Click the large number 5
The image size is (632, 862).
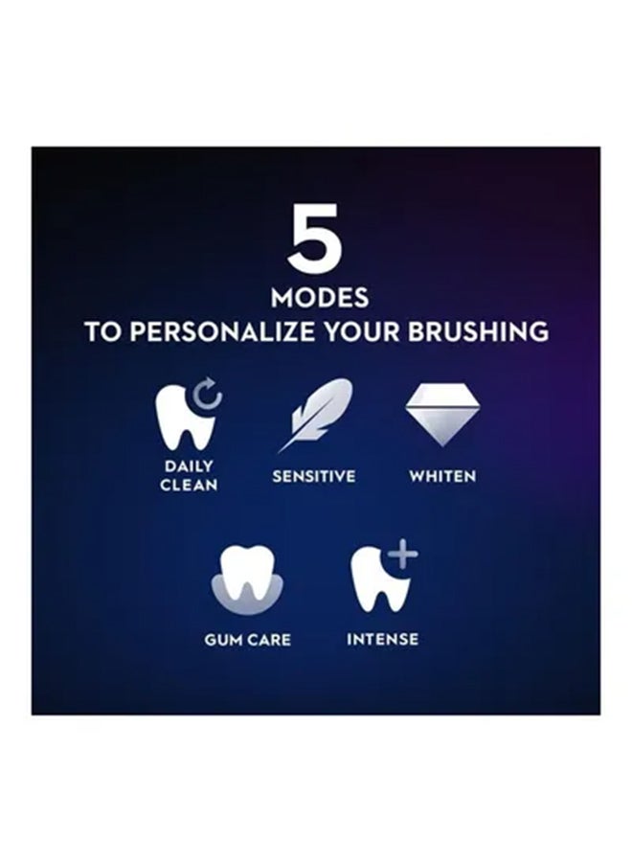pyautogui.click(x=315, y=238)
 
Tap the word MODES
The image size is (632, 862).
pyautogui.click(x=320, y=298)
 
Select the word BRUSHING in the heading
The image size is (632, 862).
pyautogui.click(x=478, y=331)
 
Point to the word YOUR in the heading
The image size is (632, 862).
pyautogui.click(x=362, y=331)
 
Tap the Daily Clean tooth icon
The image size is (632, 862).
pyautogui.click(x=186, y=417)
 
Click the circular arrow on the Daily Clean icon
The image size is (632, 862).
pyautogui.click(x=207, y=394)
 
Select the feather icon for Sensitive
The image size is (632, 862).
pyautogui.click(x=314, y=415)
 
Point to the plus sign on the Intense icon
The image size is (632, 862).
pyautogui.click(x=403, y=554)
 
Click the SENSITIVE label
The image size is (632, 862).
pyautogui.click(x=314, y=476)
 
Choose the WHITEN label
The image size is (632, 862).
pyautogui.click(x=442, y=476)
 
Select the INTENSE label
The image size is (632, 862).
pyautogui.click(x=382, y=640)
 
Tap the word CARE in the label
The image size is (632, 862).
pyautogui.click(x=269, y=640)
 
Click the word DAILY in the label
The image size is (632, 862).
pyautogui.click(x=189, y=466)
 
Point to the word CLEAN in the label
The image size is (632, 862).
pyautogui.click(x=189, y=485)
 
